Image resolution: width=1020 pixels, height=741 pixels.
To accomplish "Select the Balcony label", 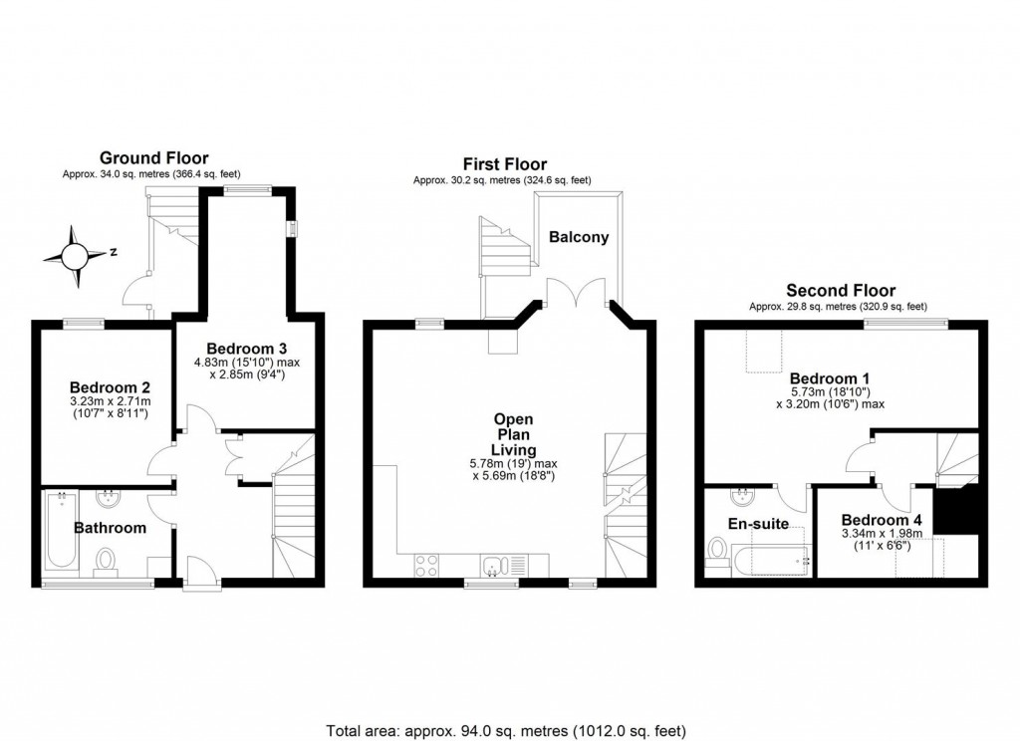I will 579,237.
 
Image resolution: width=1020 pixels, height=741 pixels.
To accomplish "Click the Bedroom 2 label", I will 110,387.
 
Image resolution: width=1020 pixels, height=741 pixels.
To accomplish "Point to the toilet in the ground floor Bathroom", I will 104,561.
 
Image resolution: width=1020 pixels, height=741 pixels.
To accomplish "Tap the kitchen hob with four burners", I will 426,565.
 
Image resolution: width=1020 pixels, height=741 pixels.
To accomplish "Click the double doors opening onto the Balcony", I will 577,295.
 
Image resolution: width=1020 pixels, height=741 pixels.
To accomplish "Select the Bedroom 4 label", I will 882,520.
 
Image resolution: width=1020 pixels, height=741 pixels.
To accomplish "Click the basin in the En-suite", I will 741,497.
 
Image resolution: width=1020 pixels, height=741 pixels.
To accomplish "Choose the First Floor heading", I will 504,164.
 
